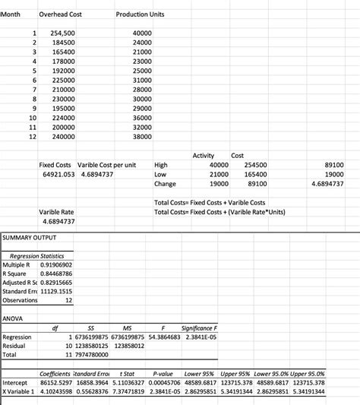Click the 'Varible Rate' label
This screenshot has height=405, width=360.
pyautogui.click(x=56, y=211)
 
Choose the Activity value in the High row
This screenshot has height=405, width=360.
pyautogui.click(x=218, y=164)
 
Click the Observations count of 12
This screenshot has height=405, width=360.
pyautogui.click(x=69, y=301)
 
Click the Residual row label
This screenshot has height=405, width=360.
pyautogui.click(x=17, y=346)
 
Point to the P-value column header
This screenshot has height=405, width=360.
pyautogui.click(x=164, y=374)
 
